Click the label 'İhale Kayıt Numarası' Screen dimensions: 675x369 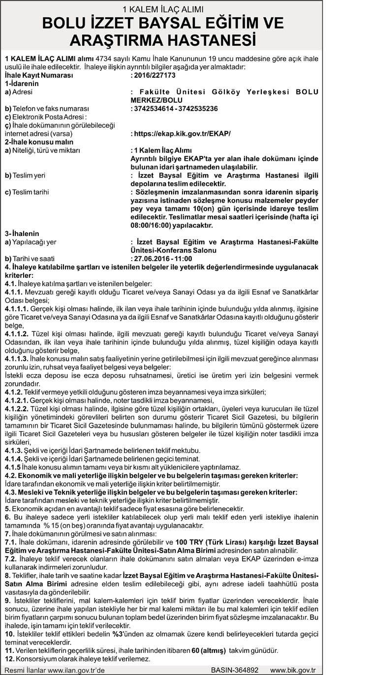[x=38, y=76]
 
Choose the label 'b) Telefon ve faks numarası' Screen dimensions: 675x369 [x=46, y=108]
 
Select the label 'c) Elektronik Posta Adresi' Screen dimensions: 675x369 [x=46, y=117]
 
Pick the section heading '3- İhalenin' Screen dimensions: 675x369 [x=22, y=234]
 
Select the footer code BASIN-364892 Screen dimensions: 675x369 [x=235, y=670]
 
